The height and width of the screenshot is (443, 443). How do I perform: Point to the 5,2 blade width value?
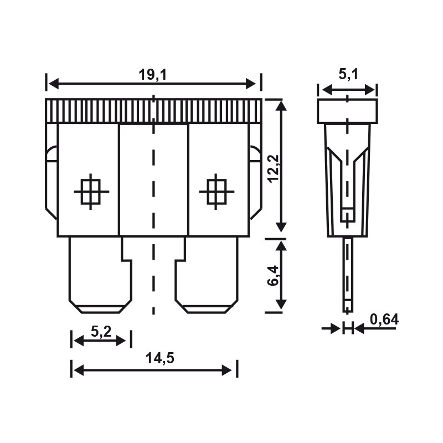point(101,332)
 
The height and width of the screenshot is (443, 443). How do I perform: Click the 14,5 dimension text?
point(159,358)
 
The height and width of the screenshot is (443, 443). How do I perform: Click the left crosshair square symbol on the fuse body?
point(91,191)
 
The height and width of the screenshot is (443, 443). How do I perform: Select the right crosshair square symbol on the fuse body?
point(217,191)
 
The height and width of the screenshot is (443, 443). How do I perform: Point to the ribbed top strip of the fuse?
point(153,111)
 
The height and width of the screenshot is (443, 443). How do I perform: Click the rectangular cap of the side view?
point(347,111)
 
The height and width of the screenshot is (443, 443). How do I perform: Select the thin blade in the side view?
point(347,274)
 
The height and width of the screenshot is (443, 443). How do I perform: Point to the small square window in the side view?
point(347,214)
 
